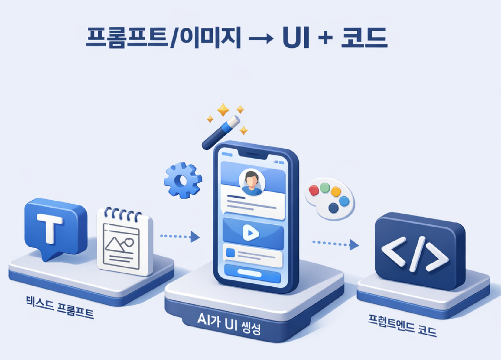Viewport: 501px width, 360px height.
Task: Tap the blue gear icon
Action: [183, 181]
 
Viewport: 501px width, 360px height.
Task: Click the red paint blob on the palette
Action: [314, 190]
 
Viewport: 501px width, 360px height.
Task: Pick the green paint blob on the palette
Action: [325, 188]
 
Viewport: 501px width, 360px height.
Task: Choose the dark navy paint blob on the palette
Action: [333, 208]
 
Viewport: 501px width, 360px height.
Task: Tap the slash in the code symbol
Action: [418, 254]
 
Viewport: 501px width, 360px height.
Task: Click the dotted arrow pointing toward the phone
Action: [180, 237]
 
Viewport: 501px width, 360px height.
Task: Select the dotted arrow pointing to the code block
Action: [336, 244]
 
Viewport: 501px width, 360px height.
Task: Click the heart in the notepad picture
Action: [129, 243]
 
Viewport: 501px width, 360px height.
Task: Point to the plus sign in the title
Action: [325, 38]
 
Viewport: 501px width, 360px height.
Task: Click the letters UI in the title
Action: [296, 38]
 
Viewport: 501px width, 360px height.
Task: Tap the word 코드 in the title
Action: [364, 38]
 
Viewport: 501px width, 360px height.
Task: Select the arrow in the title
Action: [261, 39]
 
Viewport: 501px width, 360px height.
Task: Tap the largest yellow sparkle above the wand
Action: [223, 110]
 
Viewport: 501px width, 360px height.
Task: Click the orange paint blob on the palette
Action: [336, 191]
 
